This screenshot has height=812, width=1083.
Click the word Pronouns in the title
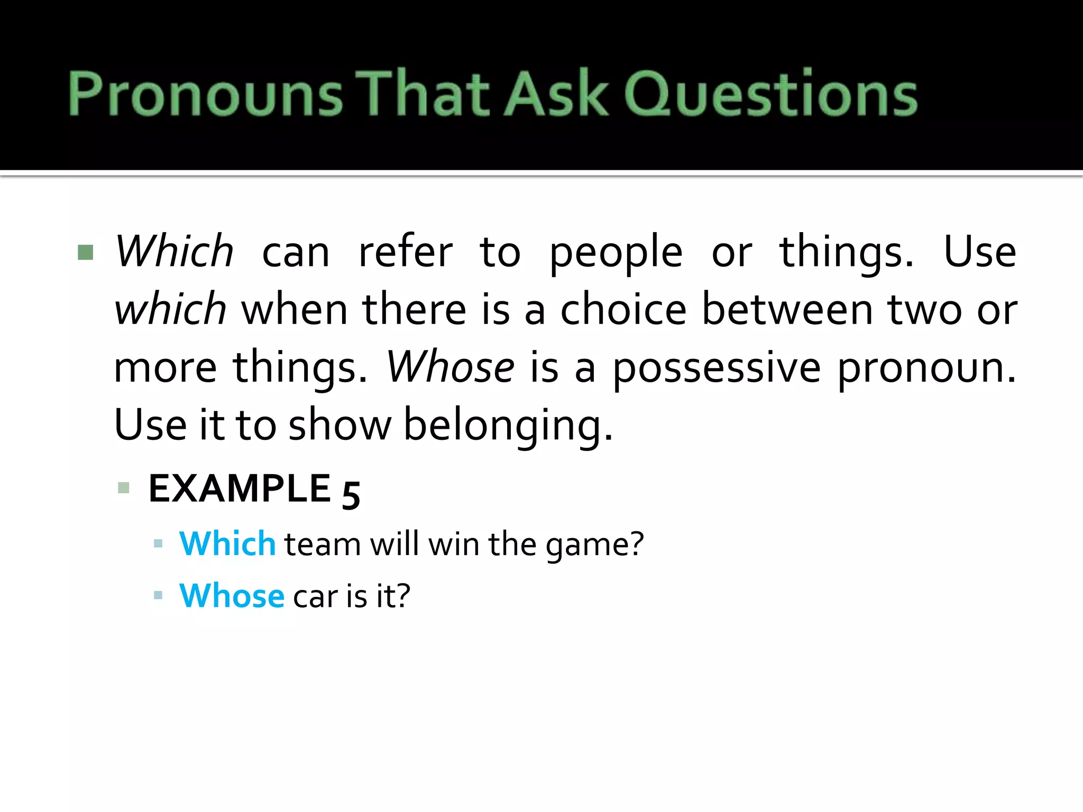click(x=205, y=94)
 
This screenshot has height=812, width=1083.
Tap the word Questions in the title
click(x=770, y=94)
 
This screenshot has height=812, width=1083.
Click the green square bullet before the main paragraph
click(x=86, y=253)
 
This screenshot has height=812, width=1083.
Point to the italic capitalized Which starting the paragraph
click(x=174, y=251)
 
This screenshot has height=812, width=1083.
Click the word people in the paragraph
click(x=616, y=253)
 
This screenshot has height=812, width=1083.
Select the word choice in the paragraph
click(x=623, y=309)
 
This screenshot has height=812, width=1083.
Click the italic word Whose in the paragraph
click(x=450, y=367)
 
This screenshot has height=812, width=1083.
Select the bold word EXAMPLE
click(x=240, y=488)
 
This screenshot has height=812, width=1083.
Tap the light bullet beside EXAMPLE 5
click(x=124, y=487)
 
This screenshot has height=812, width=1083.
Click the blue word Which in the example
click(x=227, y=543)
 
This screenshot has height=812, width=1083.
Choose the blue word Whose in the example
click(x=232, y=596)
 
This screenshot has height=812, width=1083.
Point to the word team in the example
click(x=323, y=545)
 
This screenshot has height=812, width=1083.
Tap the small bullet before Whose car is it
click(x=158, y=596)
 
